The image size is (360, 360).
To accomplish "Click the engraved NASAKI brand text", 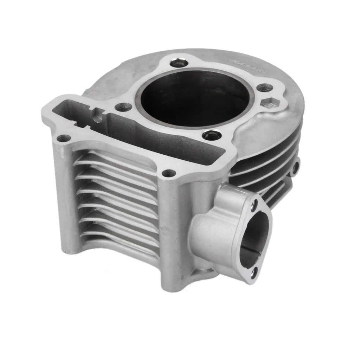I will coord(249,66).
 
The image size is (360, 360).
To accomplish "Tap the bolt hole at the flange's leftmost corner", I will coord(63,139).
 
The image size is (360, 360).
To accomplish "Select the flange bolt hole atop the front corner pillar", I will coord(169,173).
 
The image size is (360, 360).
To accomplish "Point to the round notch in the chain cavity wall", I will coord(98,116).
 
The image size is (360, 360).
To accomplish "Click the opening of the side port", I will coord(255,239).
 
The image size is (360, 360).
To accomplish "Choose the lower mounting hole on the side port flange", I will coord(254,271).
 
